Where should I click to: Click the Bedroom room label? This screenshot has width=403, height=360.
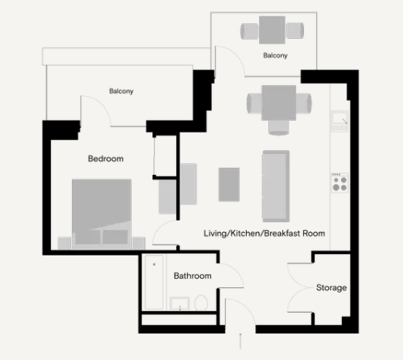(x=106, y=159)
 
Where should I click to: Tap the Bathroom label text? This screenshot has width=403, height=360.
(x=193, y=276)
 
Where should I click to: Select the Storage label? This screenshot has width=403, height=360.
(x=331, y=287)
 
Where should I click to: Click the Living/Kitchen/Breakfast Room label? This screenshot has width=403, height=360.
(x=265, y=233)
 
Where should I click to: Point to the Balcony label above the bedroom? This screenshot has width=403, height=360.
(x=121, y=91)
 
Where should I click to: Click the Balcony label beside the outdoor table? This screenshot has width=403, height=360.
(x=275, y=56)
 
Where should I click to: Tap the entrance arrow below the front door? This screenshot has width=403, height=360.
(x=241, y=341)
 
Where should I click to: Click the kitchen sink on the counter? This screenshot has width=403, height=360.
(x=340, y=122)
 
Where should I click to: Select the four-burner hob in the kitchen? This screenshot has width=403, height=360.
(x=340, y=183)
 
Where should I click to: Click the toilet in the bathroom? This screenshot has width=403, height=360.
(x=201, y=303)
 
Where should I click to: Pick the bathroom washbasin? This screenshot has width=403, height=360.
(x=179, y=303)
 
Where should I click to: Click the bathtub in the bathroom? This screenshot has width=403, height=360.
(x=154, y=282)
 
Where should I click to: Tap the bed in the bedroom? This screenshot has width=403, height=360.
(x=101, y=214)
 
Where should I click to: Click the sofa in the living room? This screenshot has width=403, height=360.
(x=276, y=186)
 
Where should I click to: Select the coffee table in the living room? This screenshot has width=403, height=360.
(x=229, y=184)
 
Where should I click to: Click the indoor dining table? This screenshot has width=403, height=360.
(x=278, y=103)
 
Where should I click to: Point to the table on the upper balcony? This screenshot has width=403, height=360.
(x=272, y=30)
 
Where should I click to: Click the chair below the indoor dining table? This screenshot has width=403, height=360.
(x=278, y=128)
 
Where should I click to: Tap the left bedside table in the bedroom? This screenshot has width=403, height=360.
(x=64, y=243)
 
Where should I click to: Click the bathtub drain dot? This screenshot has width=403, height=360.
(x=154, y=264)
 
